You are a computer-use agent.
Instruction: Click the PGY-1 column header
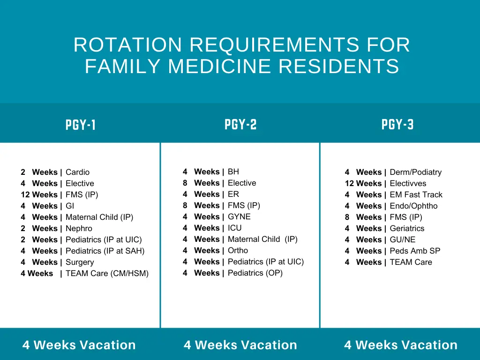coord(81,125)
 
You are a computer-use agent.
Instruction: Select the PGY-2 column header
coord(240,125)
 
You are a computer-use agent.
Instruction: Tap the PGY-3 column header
coord(397,125)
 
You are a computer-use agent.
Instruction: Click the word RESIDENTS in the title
coord(339,66)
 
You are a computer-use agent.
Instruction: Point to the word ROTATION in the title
coord(127,45)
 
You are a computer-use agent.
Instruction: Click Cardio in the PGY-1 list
coord(77,172)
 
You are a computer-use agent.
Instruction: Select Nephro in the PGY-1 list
coord(79,228)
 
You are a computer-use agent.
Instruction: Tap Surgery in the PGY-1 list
coord(80,262)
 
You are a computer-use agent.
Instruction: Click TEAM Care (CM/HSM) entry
coord(107,273)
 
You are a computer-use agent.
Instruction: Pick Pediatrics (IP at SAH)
coord(105,251)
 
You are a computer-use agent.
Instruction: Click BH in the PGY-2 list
coord(233,172)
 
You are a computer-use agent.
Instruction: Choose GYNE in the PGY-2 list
coord(239,217)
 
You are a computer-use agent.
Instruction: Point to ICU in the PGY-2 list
coord(235,228)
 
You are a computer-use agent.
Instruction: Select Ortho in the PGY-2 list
coord(238,250)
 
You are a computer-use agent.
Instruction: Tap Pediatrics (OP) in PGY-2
coord(255,273)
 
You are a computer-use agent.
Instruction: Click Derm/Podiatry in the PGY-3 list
coord(415,172)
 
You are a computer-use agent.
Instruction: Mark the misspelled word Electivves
coord(408,183)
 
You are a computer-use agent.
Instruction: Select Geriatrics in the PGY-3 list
coord(407,228)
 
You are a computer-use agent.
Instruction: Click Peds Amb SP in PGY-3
coord(415,251)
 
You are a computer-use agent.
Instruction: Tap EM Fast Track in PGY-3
coord(416,195)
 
